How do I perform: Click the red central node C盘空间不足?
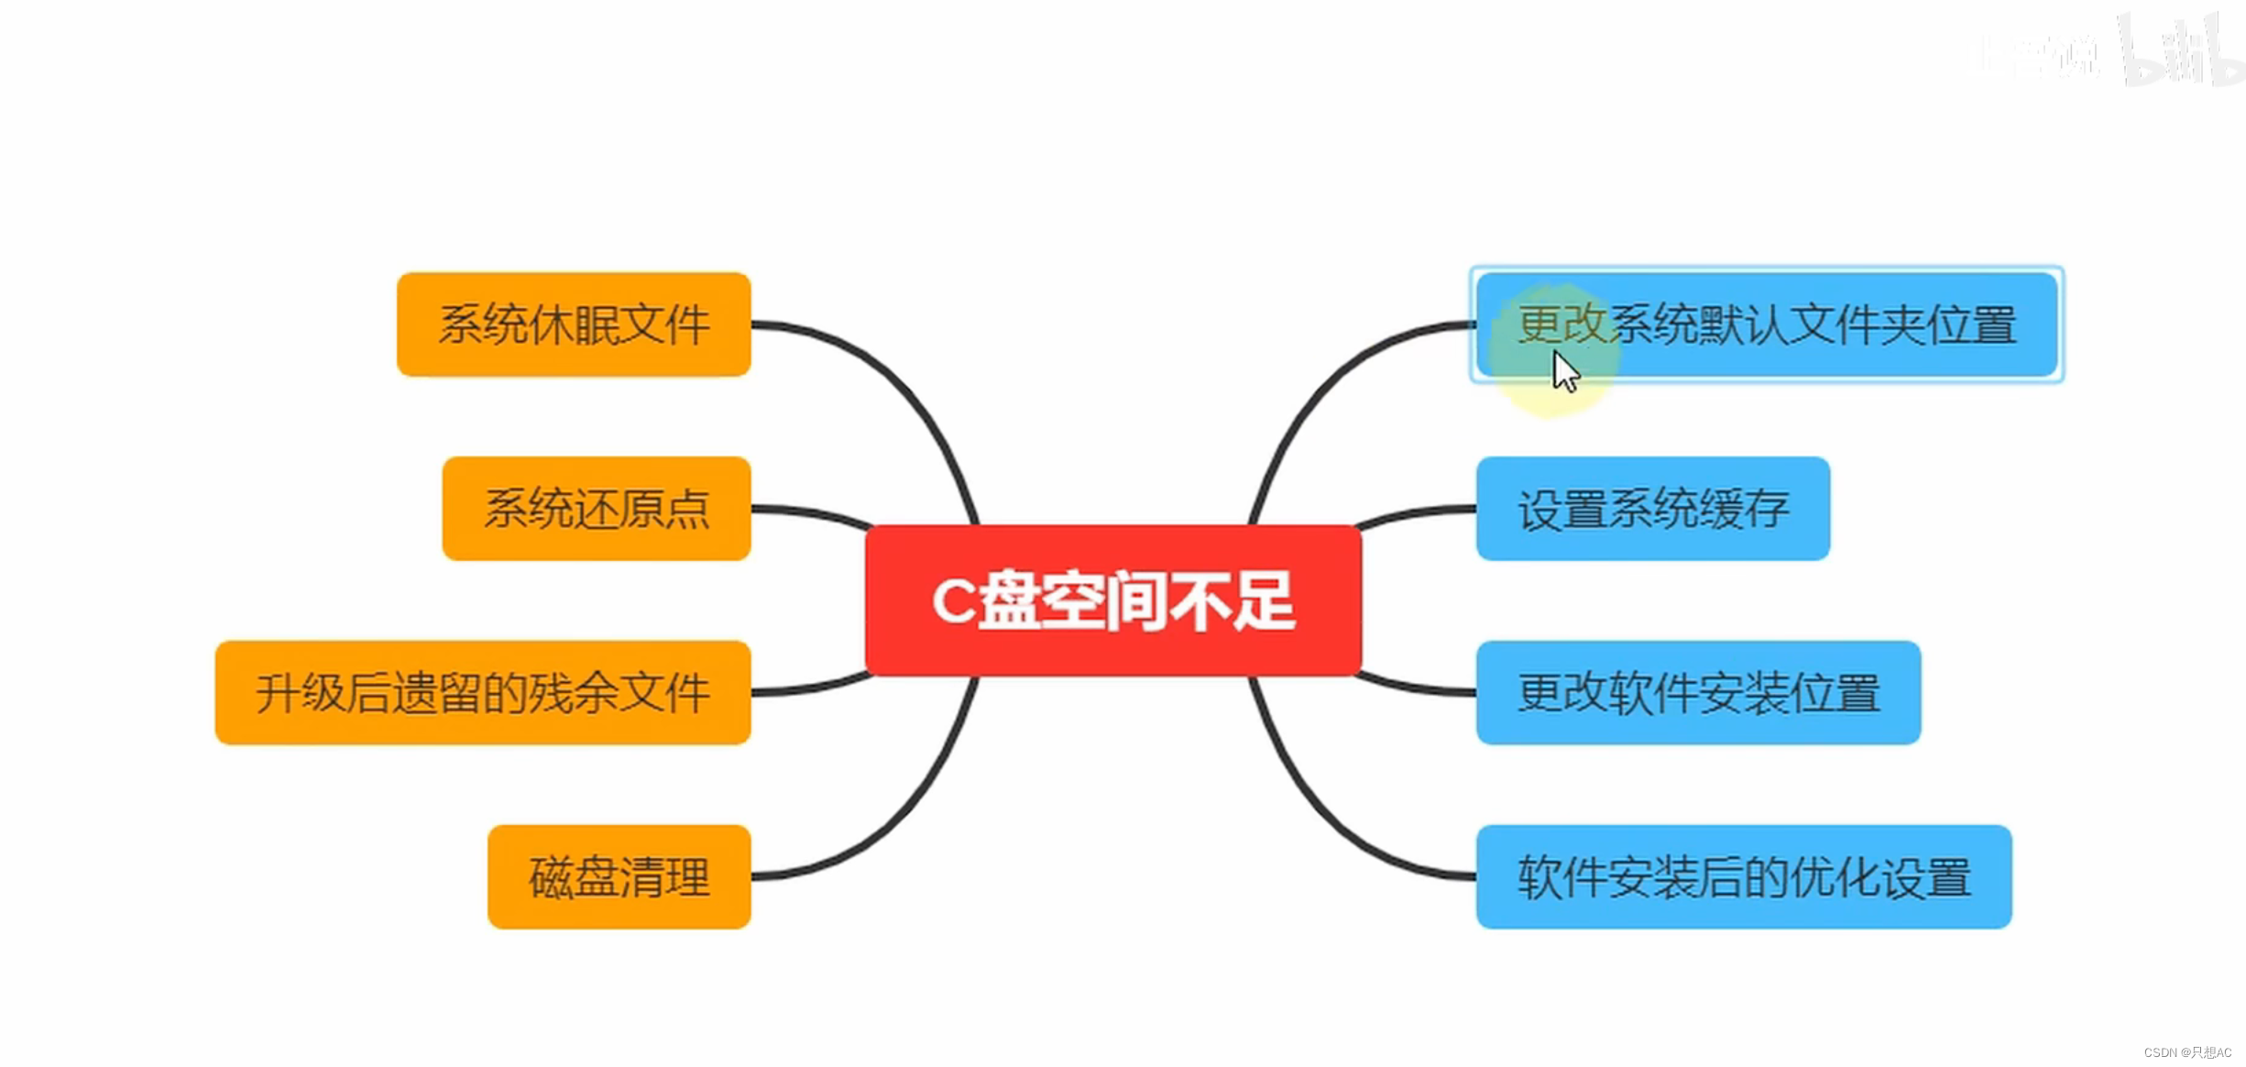pyautogui.click(x=1112, y=600)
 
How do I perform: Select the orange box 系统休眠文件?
pyautogui.click(x=574, y=324)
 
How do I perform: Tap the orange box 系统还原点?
pyautogui.click(x=596, y=508)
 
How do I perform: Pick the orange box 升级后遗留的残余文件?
pyautogui.click(x=483, y=692)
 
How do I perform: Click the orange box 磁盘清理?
pyautogui.click(x=619, y=876)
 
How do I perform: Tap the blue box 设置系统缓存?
pyautogui.click(x=1652, y=508)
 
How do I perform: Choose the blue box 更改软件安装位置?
pyautogui.click(x=1697, y=692)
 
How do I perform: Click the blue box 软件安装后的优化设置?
pyautogui.click(x=1743, y=876)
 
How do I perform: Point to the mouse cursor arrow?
pyautogui.click(x=1563, y=371)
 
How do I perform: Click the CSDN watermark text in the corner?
pyautogui.click(x=2187, y=1052)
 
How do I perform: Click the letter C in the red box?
pyautogui.click(x=953, y=601)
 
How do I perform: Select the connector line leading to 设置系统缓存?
pyautogui.click(x=1416, y=512)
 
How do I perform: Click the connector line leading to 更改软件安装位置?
pyautogui.click(x=1416, y=688)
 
